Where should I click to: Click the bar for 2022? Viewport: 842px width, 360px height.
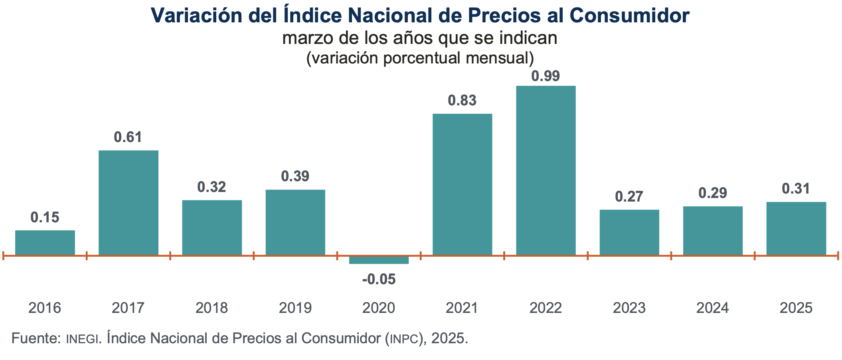pos(546,170)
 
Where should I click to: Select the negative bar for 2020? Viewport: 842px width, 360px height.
pos(379,260)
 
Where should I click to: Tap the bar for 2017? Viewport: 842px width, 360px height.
pos(128,203)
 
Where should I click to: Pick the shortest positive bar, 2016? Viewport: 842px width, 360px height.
pos(45,243)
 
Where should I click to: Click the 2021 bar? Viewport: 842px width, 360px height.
pos(462,184)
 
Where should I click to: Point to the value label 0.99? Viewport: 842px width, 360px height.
pos(546,76)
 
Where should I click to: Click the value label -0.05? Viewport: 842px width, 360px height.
pos(379,279)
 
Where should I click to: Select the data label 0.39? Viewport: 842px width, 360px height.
pos(295,176)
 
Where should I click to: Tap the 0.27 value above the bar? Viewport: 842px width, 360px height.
pos(629,196)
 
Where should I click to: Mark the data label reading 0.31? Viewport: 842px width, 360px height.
pos(796,189)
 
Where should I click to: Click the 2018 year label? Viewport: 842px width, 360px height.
pos(211,308)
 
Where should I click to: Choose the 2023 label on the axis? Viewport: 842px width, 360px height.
pos(629,308)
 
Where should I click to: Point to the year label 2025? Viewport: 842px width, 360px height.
pos(796,308)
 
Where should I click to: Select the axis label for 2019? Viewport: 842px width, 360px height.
pos(295,308)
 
